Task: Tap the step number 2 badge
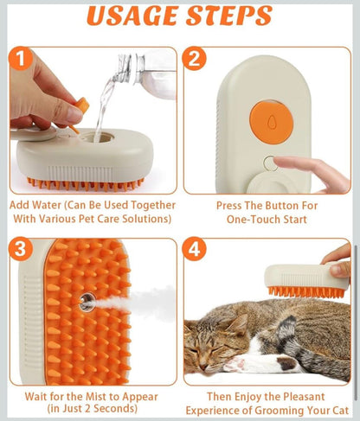tap(196, 59)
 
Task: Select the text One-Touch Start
tap(267, 220)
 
